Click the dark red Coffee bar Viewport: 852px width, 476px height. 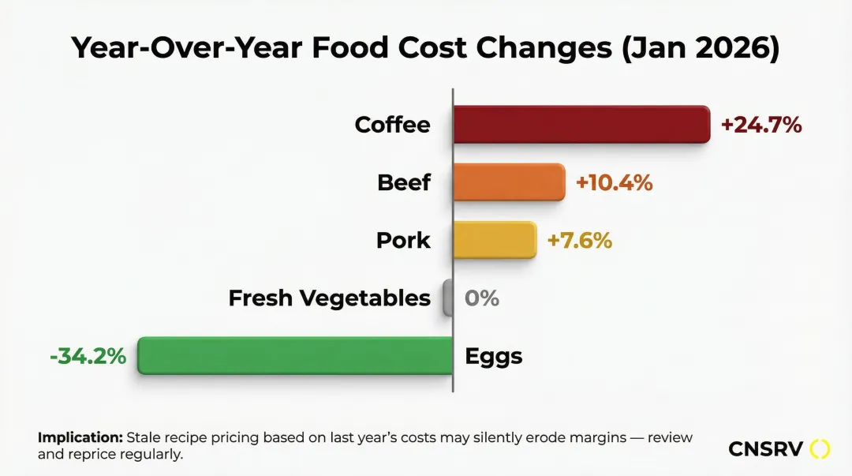click(x=581, y=125)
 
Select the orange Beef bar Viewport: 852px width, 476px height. click(x=509, y=182)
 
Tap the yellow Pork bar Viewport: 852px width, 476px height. click(x=495, y=240)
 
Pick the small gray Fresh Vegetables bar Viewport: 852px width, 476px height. click(x=448, y=298)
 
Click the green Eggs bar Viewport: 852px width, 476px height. click(x=295, y=356)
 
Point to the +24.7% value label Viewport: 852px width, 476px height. click(x=761, y=125)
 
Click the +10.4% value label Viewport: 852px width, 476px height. click(x=615, y=182)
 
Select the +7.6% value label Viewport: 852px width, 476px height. click(x=580, y=240)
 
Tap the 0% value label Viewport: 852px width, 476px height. click(x=482, y=298)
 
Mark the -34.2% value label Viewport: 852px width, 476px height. click(x=88, y=356)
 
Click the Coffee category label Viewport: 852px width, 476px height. click(x=392, y=125)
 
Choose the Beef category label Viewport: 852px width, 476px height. click(x=404, y=182)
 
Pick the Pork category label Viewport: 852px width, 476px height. click(x=404, y=240)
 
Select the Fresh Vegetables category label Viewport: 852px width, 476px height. click(x=330, y=298)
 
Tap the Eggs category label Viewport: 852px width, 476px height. click(x=494, y=357)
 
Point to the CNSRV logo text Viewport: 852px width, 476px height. click(x=765, y=449)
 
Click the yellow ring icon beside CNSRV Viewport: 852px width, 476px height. click(x=820, y=449)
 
